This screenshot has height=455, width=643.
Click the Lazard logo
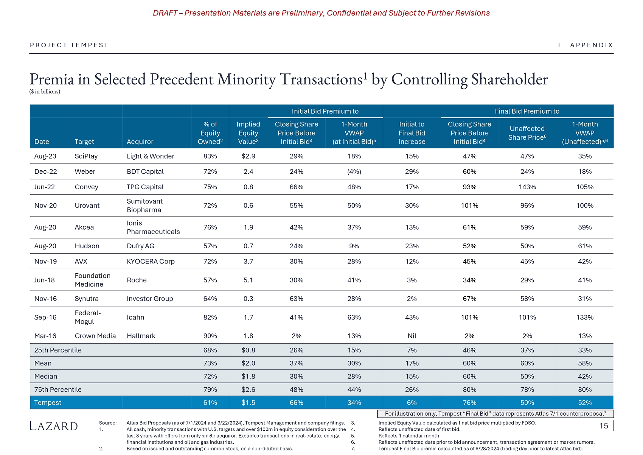53,426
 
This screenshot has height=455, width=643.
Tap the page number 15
604,426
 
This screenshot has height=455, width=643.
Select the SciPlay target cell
86,156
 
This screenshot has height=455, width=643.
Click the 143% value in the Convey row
527,187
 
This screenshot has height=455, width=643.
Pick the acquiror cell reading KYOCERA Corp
151,261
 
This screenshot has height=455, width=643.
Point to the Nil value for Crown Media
412,336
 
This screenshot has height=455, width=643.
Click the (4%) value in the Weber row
354,171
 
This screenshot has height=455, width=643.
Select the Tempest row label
48,402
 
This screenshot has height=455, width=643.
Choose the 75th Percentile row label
58,390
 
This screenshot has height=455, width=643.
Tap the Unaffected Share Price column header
527,133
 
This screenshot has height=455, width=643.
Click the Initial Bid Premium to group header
325,111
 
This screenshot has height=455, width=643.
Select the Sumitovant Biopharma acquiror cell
144,206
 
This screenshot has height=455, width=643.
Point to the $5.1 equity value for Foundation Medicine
248,280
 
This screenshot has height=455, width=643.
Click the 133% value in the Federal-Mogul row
584,317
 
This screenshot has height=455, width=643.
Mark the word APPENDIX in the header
591,45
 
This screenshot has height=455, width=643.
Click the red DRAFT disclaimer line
321,13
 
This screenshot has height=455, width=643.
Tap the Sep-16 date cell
45,317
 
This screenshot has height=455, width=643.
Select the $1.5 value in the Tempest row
248,402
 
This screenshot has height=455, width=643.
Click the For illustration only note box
495,414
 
